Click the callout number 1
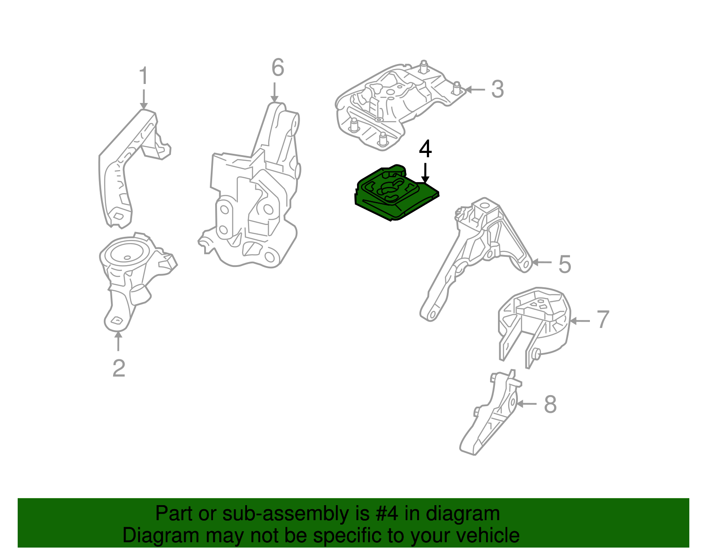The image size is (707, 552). click(x=144, y=76)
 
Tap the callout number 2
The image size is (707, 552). click(x=118, y=368)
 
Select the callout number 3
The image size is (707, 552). click(x=498, y=89)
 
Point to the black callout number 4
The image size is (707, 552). click(x=425, y=149)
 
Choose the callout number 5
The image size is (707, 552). click(x=565, y=264)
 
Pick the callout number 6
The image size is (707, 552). click(x=277, y=68)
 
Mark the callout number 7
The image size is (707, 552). click(x=603, y=320)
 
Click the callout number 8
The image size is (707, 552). click(x=550, y=404)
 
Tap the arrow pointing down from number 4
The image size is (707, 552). click(x=425, y=173)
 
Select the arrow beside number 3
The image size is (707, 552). click(x=475, y=90)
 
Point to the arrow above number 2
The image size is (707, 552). click(x=118, y=341)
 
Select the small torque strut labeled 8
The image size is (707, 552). click(x=490, y=415)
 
